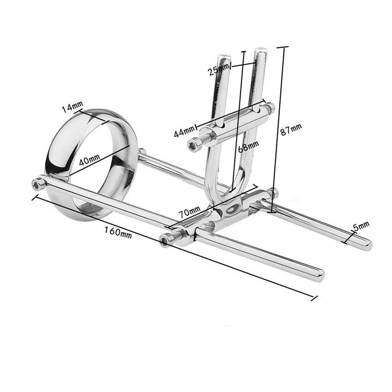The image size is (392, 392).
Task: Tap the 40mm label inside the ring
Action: [x=89, y=160]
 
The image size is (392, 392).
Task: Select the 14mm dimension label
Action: [x=72, y=106]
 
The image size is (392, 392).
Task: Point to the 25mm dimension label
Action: [x=218, y=69]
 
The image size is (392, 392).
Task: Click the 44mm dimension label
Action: [x=184, y=131]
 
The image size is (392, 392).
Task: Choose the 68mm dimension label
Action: [x=248, y=146]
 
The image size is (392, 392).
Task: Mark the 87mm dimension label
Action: [x=291, y=129]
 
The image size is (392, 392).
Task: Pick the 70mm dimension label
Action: [x=189, y=212]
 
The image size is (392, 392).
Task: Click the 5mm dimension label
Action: [x=361, y=226]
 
